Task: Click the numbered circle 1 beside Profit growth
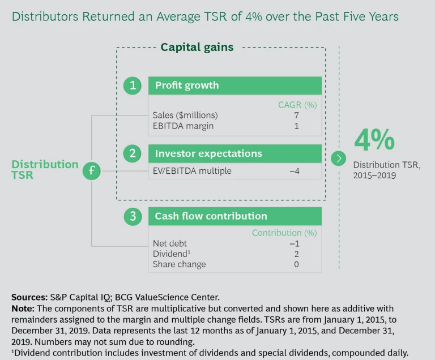click(133, 85)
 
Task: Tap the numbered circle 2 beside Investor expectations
click(133, 153)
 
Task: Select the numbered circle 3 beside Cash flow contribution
click(133, 216)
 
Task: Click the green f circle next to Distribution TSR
click(91, 170)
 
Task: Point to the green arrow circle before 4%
click(339, 158)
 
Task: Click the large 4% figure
click(374, 140)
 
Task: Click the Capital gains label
click(197, 48)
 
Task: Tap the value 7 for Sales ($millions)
click(296, 115)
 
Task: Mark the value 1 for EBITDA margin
click(296, 126)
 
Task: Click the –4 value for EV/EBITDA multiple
click(294, 171)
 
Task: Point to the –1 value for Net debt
click(294, 243)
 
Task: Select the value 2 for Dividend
click(296, 254)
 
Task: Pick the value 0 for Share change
click(296, 264)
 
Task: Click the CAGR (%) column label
click(297, 105)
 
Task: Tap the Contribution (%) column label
click(284, 233)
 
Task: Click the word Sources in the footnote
click(30, 297)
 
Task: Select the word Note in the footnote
click(23, 308)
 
